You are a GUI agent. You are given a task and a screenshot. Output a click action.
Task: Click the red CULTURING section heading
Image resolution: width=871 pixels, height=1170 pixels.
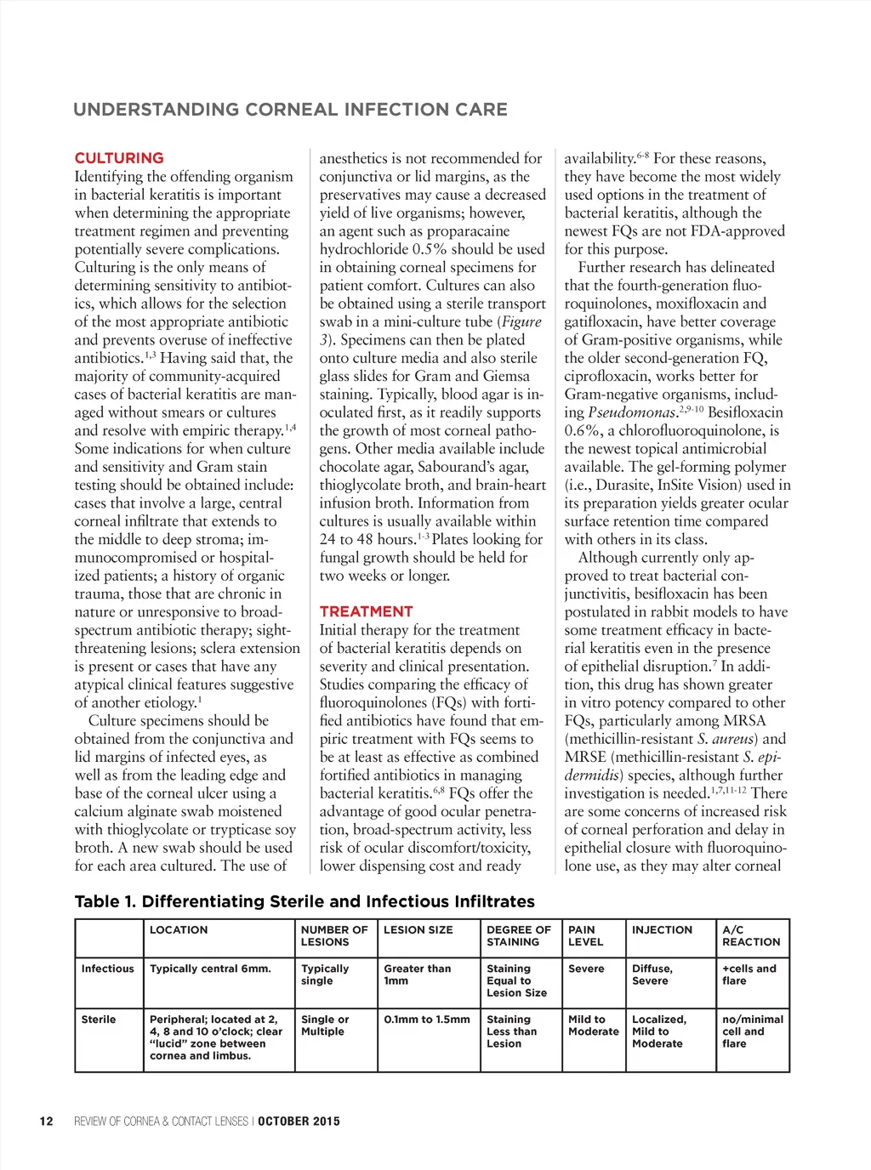(x=119, y=158)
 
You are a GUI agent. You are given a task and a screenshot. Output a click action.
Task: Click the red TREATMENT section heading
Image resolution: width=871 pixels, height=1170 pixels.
(x=366, y=611)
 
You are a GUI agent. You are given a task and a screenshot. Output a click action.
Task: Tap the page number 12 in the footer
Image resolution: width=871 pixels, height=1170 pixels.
(x=46, y=1122)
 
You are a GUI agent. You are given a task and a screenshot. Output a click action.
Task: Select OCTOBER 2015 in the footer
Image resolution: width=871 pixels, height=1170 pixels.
(x=299, y=1122)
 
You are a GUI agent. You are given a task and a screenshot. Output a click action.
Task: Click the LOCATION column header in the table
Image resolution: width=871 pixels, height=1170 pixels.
(x=179, y=930)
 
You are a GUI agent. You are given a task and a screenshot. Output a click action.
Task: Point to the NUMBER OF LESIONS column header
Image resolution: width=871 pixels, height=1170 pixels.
(x=334, y=936)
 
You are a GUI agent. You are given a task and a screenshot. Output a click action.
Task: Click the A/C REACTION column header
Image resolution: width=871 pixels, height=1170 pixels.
(x=751, y=936)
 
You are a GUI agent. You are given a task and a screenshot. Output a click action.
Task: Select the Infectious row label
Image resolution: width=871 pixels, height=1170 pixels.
(x=108, y=968)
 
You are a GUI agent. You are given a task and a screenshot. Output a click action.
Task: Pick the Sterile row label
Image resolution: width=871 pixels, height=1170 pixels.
(x=99, y=1019)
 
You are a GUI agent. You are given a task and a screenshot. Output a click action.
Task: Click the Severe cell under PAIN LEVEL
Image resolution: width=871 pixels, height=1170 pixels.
(x=586, y=968)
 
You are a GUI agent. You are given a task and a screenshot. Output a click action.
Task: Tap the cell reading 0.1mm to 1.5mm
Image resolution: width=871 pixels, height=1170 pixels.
(x=426, y=1019)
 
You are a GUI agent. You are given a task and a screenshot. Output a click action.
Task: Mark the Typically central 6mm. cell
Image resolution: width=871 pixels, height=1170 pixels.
(x=210, y=968)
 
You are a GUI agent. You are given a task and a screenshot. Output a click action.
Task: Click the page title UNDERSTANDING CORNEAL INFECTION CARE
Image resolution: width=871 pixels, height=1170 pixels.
(x=290, y=110)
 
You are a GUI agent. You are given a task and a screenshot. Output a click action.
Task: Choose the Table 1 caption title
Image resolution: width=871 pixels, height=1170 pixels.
(x=305, y=902)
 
